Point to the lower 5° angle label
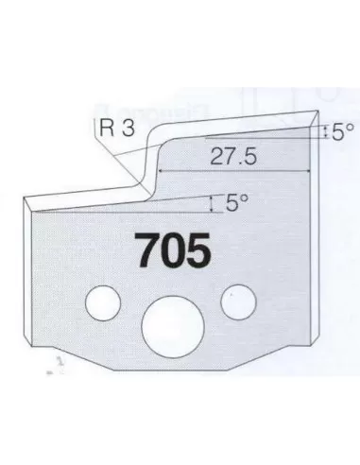click(237, 201)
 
